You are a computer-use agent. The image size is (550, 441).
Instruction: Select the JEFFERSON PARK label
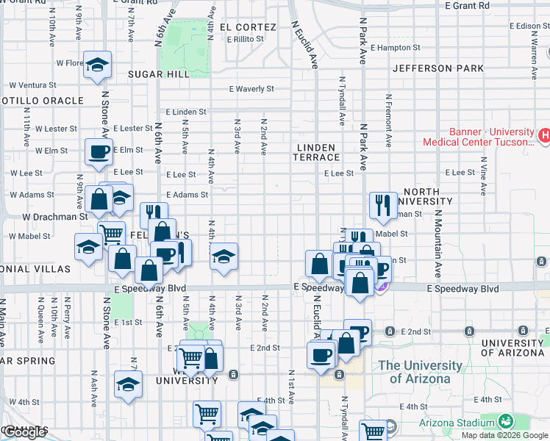coord(438,68)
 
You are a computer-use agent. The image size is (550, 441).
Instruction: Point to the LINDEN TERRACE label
coord(318,152)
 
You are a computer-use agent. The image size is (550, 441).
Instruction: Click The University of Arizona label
coord(420,372)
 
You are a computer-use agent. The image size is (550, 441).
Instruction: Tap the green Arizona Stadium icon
coord(505,422)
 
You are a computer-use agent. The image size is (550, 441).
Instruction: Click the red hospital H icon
coord(545,135)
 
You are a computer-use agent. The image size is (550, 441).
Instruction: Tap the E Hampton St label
coord(395,48)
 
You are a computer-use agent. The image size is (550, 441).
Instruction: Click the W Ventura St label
coord(36,85)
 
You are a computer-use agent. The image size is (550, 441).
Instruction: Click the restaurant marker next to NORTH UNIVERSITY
coord(382,206)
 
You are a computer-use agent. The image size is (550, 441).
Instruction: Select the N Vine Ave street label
coord(483,176)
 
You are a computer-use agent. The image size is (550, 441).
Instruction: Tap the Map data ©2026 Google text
coord(505,435)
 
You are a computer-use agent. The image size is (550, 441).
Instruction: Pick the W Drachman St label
coord(55,217)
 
